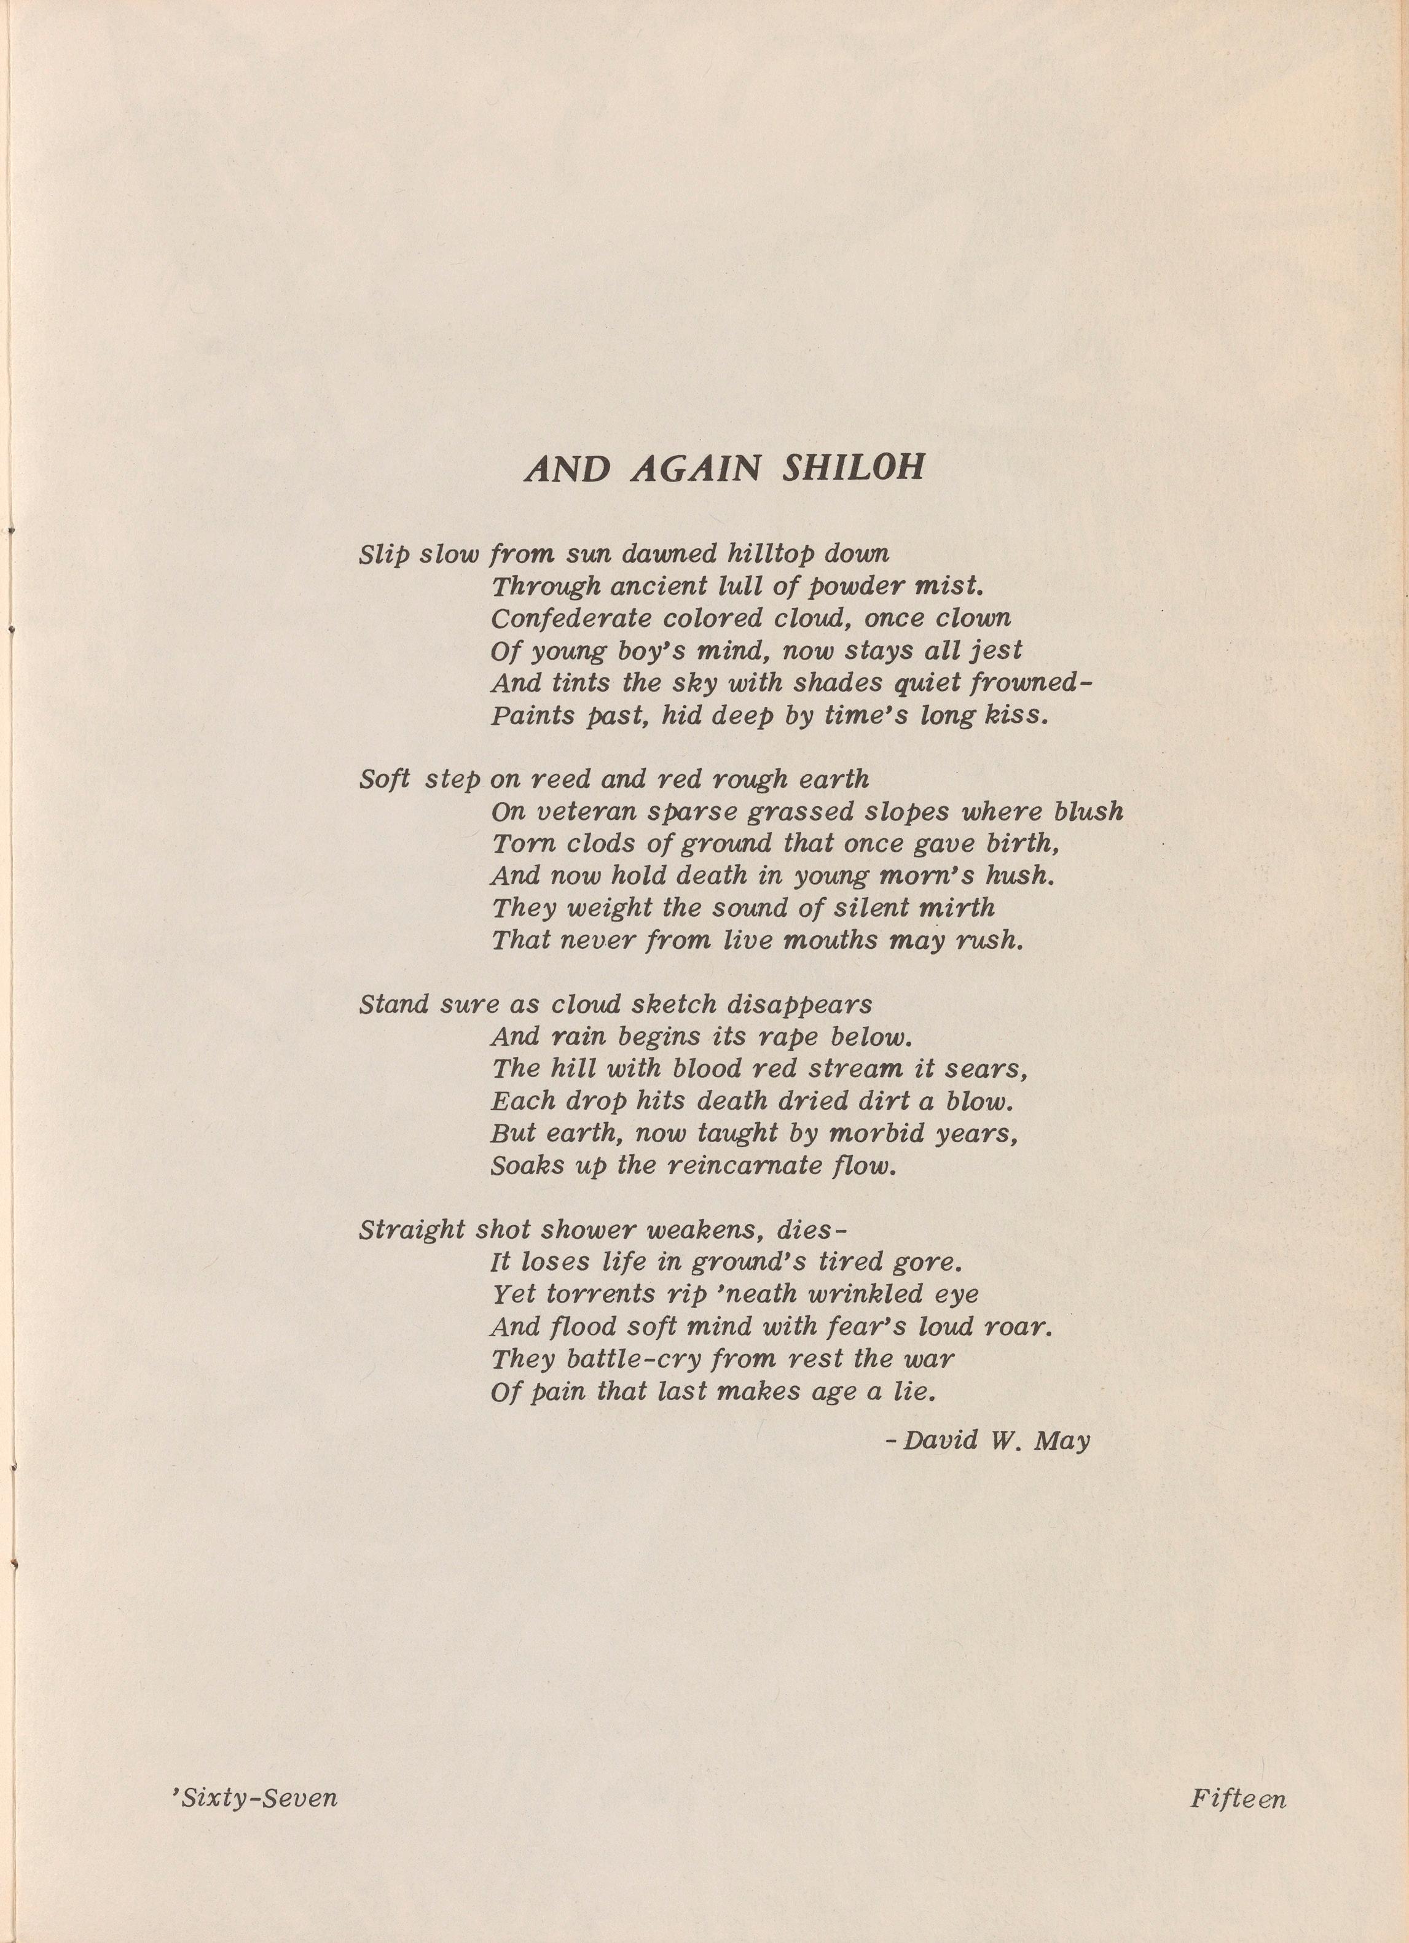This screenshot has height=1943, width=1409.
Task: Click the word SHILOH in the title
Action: pos(854,469)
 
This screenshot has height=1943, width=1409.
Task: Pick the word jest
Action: pos(994,651)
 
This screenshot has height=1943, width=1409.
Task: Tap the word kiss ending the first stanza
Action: pos(1016,715)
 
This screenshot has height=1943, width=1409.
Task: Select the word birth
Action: pos(1022,844)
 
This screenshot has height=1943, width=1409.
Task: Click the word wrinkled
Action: pos(836,1295)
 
